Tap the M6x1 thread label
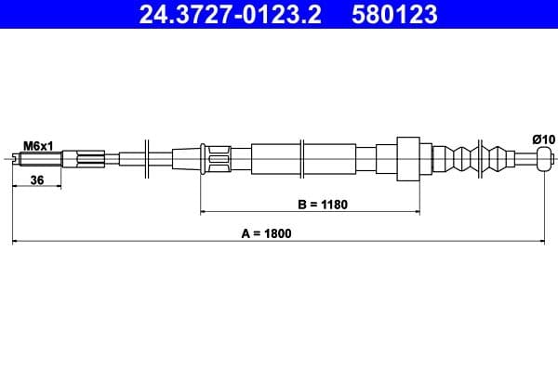pyautogui.click(x=37, y=145)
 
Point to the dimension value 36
pyautogui.click(x=37, y=180)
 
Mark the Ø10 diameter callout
pyautogui.click(x=543, y=139)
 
